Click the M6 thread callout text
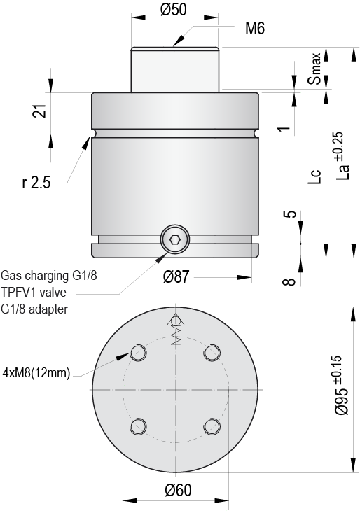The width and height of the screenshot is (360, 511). pos(255,29)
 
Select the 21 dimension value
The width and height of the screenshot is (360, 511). pos(40,111)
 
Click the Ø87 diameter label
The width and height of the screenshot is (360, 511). pos(178,276)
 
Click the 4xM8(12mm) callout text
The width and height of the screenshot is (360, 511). pos(36,372)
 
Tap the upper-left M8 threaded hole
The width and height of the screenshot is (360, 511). pos(138,352)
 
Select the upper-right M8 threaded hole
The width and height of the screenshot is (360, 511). pos(211,353)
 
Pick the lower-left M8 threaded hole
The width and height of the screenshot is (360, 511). pos(138,426)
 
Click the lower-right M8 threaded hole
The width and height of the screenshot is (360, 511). pos(211,426)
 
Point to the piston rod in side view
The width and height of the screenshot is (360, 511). pos(176,69)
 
